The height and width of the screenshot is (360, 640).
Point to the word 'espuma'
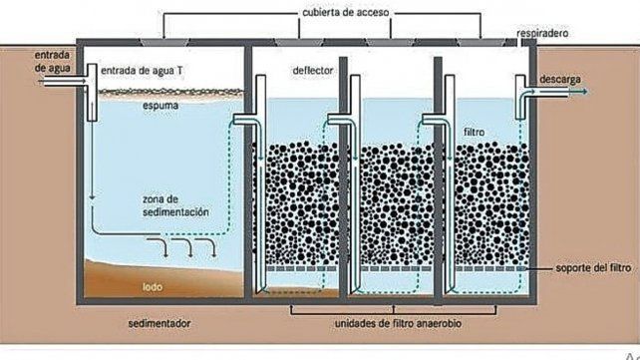(133, 103)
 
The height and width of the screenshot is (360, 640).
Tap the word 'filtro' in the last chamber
(476, 131)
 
